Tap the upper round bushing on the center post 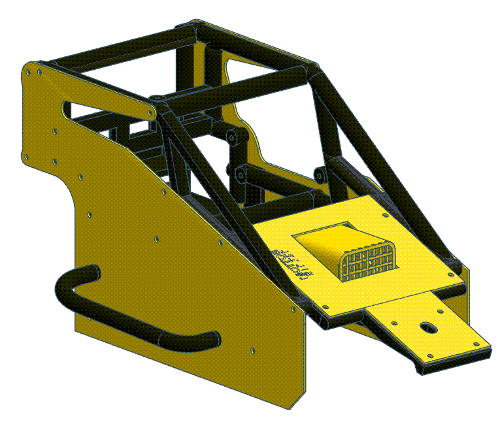pyautogui.click(x=232, y=137)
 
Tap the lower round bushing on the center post pyautogui.click(x=240, y=174)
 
